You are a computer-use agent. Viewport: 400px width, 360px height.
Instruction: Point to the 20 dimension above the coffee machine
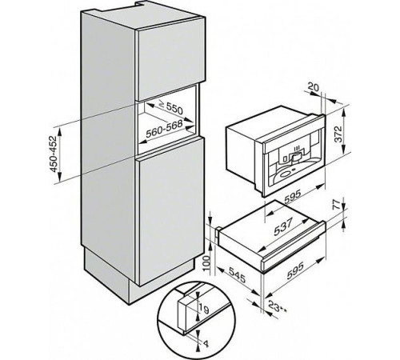tap(313, 86)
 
